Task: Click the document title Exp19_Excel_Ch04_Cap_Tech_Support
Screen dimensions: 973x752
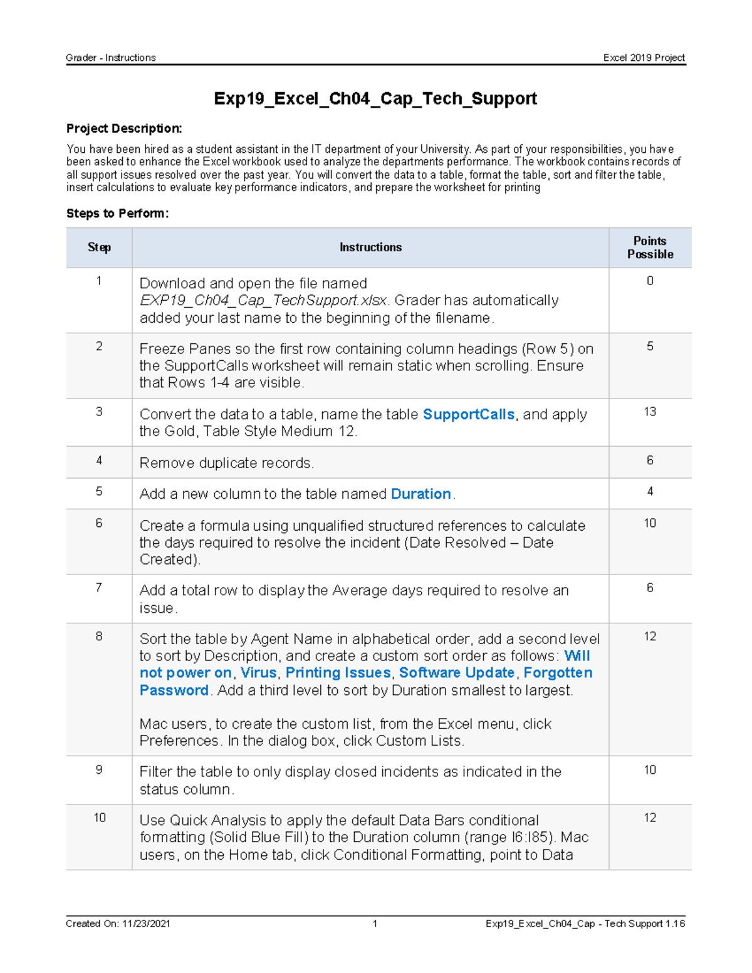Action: click(x=375, y=98)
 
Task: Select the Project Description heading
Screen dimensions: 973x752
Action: click(x=124, y=128)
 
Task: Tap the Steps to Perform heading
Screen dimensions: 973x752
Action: click(x=118, y=213)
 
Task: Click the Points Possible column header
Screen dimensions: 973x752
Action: click(x=650, y=247)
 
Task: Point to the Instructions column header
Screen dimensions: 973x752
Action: click(x=370, y=247)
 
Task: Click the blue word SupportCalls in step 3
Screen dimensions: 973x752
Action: click(x=468, y=414)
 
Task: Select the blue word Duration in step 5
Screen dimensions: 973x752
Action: click(x=420, y=494)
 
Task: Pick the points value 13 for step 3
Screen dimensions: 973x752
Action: click(x=650, y=412)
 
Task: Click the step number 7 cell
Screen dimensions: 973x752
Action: click(x=99, y=588)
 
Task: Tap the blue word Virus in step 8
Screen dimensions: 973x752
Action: click(x=258, y=673)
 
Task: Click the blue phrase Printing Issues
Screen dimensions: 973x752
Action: click(x=338, y=673)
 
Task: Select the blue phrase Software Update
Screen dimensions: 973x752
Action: click(x=457, y=673)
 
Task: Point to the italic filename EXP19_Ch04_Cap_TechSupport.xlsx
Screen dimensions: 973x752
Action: click(x=263, y=301)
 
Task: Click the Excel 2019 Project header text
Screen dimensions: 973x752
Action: click(x=644, y=58)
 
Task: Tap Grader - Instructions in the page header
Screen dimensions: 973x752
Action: click(x=111, y=58)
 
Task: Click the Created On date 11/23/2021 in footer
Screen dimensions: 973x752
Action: click(x=146, y=924)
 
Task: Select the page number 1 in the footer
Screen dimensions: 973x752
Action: click(x=375, y=924)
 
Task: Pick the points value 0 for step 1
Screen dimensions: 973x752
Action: click(x=650, y=281)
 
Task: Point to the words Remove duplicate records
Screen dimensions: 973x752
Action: click(x=226, y=463)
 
